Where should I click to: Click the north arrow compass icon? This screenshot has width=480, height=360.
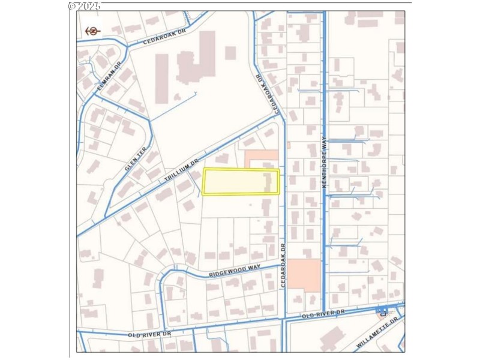[92, 31]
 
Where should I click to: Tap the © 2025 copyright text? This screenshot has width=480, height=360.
[85, 6]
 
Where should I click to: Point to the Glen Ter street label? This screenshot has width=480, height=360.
[136, 160]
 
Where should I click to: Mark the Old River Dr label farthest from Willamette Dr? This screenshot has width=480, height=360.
[149, 334]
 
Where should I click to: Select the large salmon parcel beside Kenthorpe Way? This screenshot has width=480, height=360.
[305, 275]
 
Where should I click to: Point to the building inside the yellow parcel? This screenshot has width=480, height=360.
[268, 182]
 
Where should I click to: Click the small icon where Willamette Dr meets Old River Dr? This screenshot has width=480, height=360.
[382, 311]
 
